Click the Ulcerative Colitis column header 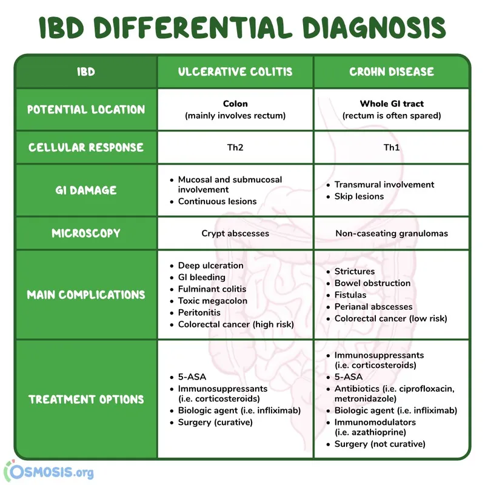[235, 72]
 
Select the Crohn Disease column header [392, 72]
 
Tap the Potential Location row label [86, 110]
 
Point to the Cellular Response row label [86, 147]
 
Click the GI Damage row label [86, 190]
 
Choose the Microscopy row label [86, 233]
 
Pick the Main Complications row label [86, 295]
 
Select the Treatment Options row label [86, 400]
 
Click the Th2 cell [235, 147]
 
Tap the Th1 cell [392, 147]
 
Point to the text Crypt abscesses [235, 233]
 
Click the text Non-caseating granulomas [392, 233]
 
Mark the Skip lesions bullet [359, 196]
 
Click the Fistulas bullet [350, 295]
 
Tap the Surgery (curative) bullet [215, 422]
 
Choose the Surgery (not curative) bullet [380, 444]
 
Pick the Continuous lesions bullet [217, 201]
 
